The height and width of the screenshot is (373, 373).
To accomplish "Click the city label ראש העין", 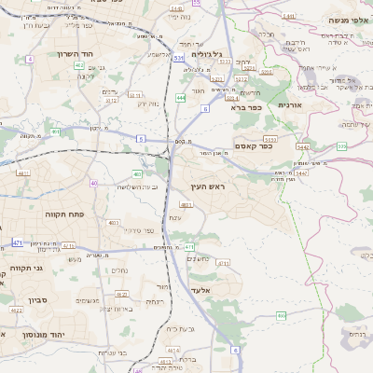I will [x=217, y=187].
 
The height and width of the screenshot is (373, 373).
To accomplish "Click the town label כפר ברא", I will [x=246, y=107].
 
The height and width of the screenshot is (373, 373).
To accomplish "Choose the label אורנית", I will [x=318, y=105].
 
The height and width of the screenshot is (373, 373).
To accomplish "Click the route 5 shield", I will [x=141, y=138].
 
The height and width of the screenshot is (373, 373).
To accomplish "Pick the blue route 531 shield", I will [x=177, y=58].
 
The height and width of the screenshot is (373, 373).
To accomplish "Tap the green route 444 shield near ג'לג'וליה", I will [x=180, y=96].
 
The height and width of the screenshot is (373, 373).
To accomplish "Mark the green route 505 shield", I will [x=342, y=146].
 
